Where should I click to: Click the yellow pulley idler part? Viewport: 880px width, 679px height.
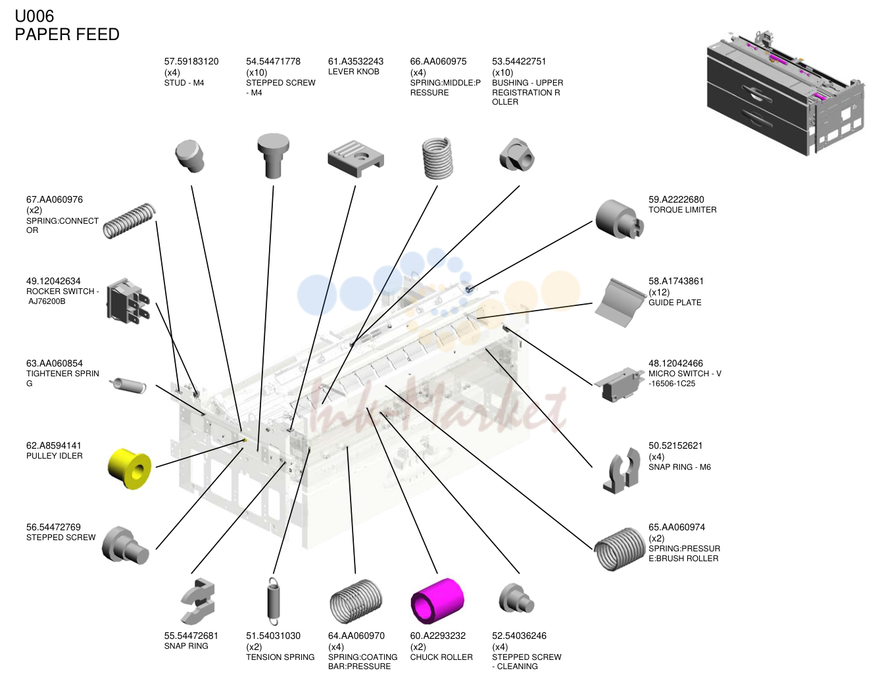coord(130,468)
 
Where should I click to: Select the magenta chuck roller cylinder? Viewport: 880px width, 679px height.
coord(437,601)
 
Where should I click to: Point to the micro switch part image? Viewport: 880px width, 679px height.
coord(619,384)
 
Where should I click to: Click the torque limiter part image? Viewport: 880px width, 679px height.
coord(619,219)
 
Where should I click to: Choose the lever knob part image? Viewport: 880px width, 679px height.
coord(356,159)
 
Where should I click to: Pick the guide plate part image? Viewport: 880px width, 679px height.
coord(620,302)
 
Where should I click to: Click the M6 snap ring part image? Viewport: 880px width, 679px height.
coord(621,470)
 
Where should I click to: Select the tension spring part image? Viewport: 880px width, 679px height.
coord(274,601)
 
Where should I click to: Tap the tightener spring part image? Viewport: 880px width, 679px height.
coord(128,385)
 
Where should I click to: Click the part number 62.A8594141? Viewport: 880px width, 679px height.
coord(54,445)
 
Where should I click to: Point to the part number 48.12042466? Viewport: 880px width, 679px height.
coord(675,363)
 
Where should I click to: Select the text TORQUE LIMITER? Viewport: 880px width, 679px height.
coord(683,210)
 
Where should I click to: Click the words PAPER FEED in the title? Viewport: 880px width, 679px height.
coord(67,34)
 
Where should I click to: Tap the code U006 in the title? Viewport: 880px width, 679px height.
coord(34,16)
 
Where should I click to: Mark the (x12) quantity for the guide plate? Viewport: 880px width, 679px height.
coord(659,292)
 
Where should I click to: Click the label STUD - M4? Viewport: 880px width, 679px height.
coord(184,83)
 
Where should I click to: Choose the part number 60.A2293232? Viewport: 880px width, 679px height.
coord(438,636)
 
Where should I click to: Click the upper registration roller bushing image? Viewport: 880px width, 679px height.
coord(517,155)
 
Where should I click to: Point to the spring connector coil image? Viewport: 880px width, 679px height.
coord(129,220)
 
